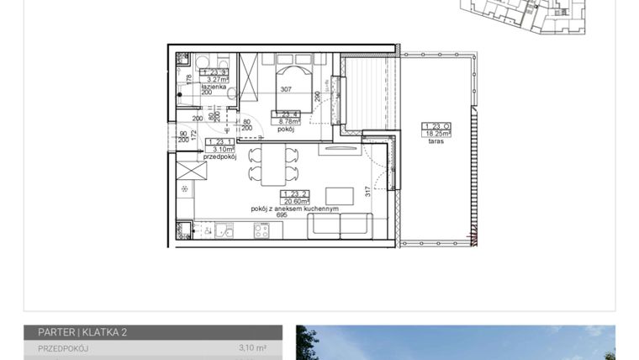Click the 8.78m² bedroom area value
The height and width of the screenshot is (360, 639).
[286, 122]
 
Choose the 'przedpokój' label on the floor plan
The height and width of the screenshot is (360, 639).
[219, 156]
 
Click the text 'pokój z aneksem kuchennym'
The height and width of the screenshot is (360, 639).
[294, 209]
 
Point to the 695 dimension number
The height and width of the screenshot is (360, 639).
[283, 215]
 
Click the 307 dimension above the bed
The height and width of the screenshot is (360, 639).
[285, 90]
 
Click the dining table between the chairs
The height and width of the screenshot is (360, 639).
[272, 165]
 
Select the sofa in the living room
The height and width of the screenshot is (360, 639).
[340, 225]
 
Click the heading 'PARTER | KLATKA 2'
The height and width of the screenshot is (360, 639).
[82, 332]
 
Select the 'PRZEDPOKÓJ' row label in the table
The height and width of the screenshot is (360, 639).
[64, 347]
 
